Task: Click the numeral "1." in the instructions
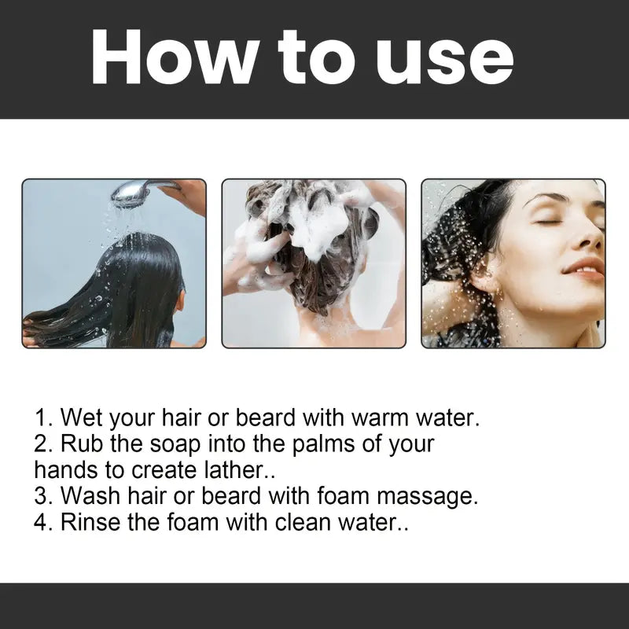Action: (43, 417)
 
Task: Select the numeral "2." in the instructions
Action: (43, 443)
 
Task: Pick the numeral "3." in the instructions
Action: (43, 496)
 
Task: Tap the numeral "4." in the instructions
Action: (43, 522)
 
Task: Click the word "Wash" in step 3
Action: (91, 496)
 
